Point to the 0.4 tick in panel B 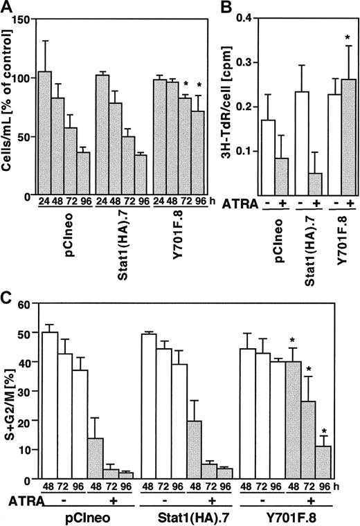pyautogui.click(x=257, y=19)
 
